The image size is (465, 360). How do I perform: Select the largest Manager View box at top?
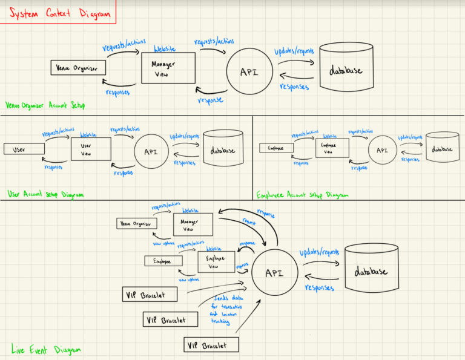tap(168, 68)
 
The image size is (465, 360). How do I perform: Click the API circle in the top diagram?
tap(249, 72)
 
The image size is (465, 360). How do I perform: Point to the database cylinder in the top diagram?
tap(346, 71)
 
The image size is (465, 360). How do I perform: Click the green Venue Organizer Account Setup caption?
tap(45, 105)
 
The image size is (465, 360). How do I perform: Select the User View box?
tap(91, 149)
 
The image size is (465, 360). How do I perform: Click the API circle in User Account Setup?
tap(150, 151)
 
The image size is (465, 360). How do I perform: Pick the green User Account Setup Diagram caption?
tap(45, 195)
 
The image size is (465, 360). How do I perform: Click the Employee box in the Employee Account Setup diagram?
tap(276, 148)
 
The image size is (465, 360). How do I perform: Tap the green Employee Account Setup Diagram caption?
tap(303, 195)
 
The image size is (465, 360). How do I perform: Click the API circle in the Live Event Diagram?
tap(275, 273)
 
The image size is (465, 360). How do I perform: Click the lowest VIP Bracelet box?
tap(211, 345)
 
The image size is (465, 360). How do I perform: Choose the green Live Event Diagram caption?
tap(46, 349)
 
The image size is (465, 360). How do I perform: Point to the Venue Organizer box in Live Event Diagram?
tap(136, 224)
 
